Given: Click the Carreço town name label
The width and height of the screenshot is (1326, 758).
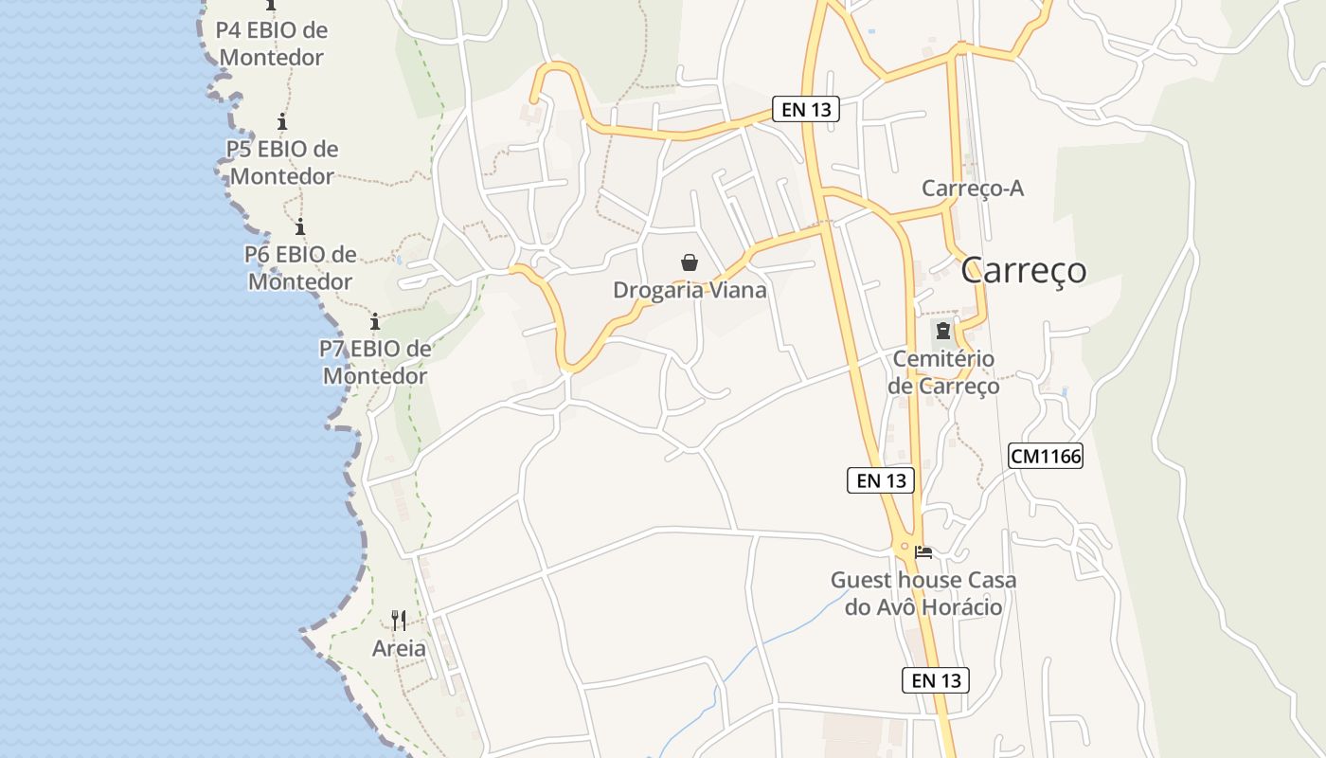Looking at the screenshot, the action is (x=1023, y=271).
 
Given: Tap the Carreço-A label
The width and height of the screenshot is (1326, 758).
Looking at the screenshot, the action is (x=973, y=189).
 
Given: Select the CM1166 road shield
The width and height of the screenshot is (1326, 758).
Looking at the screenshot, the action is (x=1046, y=457).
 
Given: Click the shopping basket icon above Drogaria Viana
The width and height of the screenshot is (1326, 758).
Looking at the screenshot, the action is (x=690, y=262).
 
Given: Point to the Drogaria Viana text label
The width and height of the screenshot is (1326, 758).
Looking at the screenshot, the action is (x=690, y=290).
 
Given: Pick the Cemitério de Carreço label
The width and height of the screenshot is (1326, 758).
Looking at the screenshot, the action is (x=943, y=372).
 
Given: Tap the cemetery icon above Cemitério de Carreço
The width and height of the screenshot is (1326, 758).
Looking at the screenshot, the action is (x=943, y=331).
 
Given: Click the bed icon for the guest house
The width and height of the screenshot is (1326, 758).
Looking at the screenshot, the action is (x=923, y=551).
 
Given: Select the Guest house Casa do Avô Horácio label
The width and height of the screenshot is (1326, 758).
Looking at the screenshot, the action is (x=923, y=593).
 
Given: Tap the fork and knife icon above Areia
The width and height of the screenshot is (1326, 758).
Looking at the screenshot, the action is (x=399, y=621).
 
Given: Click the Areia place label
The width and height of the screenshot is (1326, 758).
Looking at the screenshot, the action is (x=399, y=649).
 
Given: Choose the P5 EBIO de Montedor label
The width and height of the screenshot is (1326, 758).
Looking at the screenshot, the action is (x=282, y=162).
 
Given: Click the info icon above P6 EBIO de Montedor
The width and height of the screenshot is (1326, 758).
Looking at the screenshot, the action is (x=300, y=227).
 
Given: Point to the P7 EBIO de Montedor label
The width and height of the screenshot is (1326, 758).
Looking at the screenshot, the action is (x=375, y=362).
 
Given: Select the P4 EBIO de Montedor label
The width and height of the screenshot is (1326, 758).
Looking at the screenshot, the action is (x=272, y=44).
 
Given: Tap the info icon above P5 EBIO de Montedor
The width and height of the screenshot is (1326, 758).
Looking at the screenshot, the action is (x=282, y=122).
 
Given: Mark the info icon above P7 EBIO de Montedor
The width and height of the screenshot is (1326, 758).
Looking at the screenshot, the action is (x=375, y=321).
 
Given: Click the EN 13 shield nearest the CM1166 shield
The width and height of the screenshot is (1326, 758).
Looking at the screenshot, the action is (x=881, y=480).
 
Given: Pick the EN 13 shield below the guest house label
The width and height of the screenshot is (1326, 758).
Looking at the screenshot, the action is (x=935, y=679).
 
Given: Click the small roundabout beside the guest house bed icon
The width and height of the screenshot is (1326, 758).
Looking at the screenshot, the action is (x=905, y=547).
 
